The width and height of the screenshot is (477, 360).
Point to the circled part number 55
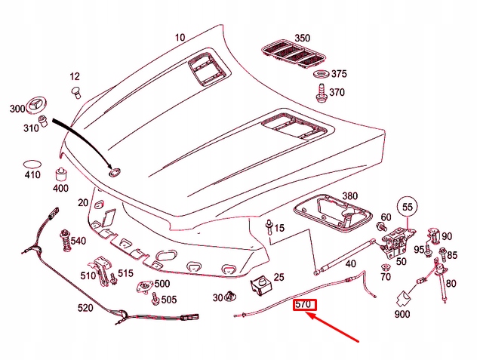tap(408, 206)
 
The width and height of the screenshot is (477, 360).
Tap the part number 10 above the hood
tap(180, 38)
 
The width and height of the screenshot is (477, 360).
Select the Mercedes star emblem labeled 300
tap(35, 107)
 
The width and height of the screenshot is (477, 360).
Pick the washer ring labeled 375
tap(321, 75)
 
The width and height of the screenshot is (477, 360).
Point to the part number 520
tap(86, 308)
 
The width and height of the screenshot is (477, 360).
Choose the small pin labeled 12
tap(75, 92)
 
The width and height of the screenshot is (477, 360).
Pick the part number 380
tap(349, 195)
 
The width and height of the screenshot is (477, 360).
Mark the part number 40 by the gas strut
tap(350, 264)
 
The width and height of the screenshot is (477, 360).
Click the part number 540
tap(79, 242)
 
